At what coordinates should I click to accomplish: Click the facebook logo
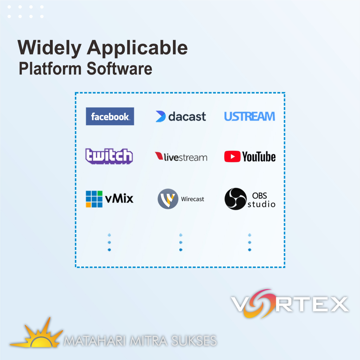pos(110,116)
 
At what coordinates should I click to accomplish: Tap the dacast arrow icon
pos(160,116)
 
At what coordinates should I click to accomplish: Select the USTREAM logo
pos(250,116)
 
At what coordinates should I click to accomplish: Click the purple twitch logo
pos(109,156)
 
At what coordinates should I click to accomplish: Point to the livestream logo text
pos(185,157)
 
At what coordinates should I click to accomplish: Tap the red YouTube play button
pos(232,157)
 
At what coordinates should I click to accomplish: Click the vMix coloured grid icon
pos(94,199)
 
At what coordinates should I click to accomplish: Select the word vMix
pos(119,199)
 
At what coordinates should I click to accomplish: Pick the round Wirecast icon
pos(168,199)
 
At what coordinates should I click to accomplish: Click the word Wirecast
pos(193,199)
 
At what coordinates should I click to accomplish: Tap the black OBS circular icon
pos(235,199)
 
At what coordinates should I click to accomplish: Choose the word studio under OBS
pos(261,204)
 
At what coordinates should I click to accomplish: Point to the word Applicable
pos(137,48)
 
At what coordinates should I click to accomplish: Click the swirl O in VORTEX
pos(261,303)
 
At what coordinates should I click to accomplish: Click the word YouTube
pos(259,157)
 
